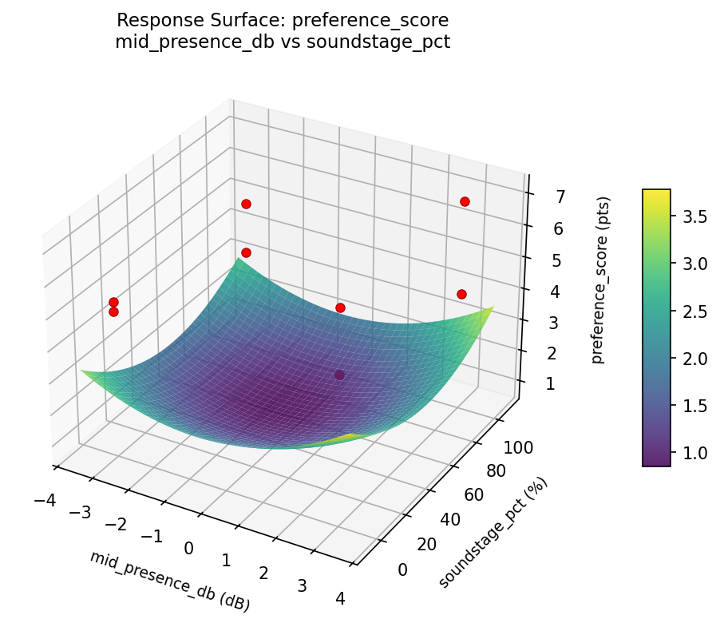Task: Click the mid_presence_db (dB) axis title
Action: click(169, 581)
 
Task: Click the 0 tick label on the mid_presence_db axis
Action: click(189, 548)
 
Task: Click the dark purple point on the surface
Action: click(340, 375)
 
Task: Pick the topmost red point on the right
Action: click(465, 201)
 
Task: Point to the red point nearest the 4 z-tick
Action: click(461, 294)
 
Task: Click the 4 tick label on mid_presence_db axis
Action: click(341, 599)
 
